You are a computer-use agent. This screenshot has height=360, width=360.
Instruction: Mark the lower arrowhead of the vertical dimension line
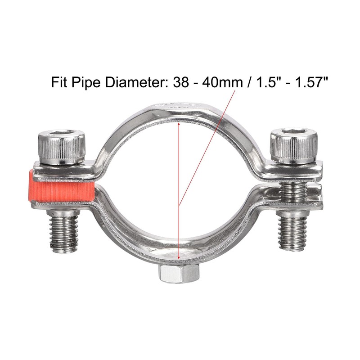pos(179,258)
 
